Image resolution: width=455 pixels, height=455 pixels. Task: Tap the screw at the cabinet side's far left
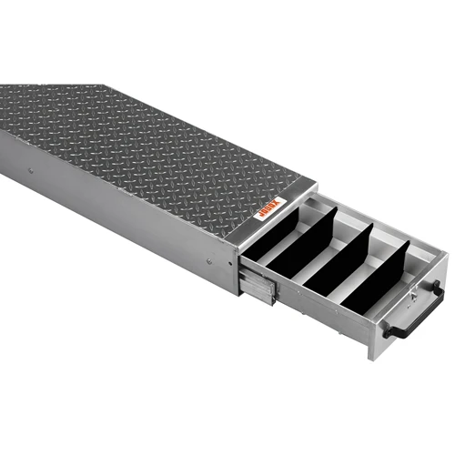click(x=30, y=170)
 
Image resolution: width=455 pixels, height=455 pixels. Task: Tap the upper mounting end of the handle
click(x=438, y=288)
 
